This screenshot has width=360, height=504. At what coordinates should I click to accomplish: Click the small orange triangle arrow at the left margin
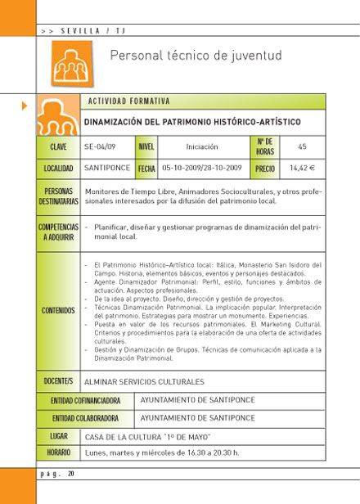pyautogui.click(x=25, y=106)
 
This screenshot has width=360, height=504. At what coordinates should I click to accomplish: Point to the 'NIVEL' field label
pyautogui.click(x=146, y=146)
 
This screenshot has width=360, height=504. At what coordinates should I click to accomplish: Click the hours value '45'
pyautogui.click(x=302, y=146)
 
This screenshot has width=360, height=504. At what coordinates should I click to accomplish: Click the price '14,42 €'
pyautogui.click(x=302, y=168)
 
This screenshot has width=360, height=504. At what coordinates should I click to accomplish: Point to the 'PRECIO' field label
pyautogui.click(x=265, y=168)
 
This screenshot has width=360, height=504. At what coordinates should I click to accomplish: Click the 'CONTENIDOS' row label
pyautogui.click(x=58, y=311)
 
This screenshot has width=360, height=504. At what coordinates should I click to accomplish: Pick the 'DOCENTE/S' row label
pyautogui.click(x=58, y=381)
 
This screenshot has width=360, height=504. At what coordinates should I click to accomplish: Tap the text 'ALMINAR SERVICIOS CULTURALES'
pyautogui.click(x=144, y=381)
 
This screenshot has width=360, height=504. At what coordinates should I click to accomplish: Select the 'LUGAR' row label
pyautogui.click(x=58, y=437)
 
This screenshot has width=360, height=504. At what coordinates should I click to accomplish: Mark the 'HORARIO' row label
pyautogui.click(x=58, y=452)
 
